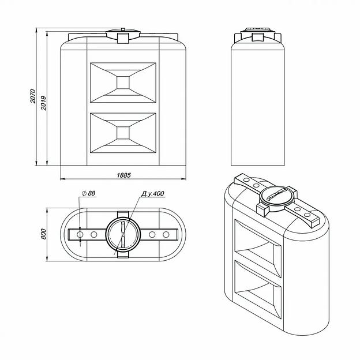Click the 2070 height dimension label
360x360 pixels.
click(x=33, y=96)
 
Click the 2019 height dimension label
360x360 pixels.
click(x=43, y=103)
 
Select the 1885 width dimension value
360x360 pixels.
click(x=123, y=175)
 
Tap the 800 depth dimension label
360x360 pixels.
click(x=43, y=234)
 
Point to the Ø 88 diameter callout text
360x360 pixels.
click(x=89, y=193)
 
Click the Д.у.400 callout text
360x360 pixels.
click(x=153, y=193)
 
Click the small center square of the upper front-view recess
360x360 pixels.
click(x=123, y=82)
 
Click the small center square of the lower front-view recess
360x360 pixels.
click(x=123, y=133)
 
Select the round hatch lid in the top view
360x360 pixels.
click(x=123, y=234)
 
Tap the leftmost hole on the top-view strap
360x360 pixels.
click(x=80, y=235)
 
